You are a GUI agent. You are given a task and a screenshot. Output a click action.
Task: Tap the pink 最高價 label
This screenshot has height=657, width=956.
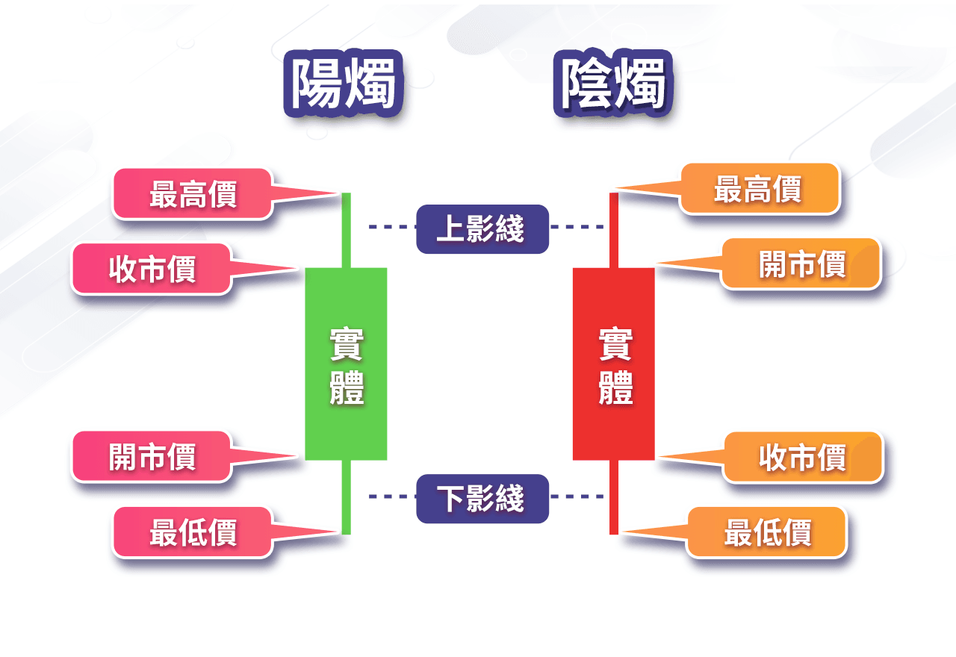(193, 194)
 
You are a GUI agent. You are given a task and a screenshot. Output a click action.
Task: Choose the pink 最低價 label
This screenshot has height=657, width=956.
(193, 532)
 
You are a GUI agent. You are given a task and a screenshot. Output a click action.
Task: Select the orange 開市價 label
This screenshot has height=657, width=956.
(801, 264)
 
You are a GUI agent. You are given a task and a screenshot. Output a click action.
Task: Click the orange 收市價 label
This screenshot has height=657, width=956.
(803, 457)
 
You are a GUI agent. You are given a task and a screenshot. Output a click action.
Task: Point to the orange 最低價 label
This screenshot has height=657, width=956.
(767, 532)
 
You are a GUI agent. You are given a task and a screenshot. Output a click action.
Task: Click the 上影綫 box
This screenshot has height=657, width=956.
(482, 228)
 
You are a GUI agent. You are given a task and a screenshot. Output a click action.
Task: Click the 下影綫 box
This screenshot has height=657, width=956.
(482, 498)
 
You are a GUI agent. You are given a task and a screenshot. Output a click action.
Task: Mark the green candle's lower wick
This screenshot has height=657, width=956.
(346, 496)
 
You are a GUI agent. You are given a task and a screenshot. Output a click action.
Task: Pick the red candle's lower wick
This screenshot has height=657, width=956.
(613, 496)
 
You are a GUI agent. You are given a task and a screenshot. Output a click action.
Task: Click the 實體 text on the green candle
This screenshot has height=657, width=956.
(347, 367)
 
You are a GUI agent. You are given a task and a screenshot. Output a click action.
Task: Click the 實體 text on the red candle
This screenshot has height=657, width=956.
(615, 367)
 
